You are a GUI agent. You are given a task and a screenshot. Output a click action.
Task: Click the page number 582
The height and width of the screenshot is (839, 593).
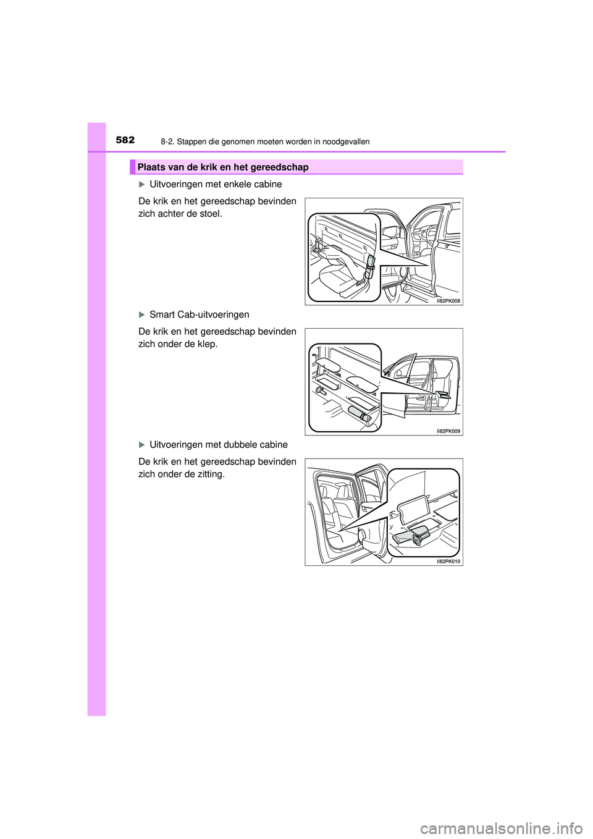point(125,140)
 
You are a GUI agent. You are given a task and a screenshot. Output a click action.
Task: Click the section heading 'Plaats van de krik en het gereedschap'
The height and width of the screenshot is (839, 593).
point(223,167)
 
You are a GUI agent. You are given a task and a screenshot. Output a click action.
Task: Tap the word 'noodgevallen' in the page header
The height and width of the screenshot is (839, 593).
point(346,142)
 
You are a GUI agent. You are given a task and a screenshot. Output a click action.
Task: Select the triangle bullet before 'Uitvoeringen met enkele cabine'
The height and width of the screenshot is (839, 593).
point(141,185)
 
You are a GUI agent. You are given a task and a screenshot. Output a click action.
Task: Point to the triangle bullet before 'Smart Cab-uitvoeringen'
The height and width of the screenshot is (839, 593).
point(141,315)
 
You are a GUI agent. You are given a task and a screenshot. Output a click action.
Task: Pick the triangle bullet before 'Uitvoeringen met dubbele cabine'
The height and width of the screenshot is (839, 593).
point(141,445)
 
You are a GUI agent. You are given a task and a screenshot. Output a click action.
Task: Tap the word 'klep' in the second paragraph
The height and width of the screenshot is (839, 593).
point(207,344)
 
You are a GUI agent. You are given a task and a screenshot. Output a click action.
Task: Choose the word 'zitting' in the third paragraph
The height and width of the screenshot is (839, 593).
point(209,474)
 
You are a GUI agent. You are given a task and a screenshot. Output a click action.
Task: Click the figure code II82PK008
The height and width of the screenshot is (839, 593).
point(448,301)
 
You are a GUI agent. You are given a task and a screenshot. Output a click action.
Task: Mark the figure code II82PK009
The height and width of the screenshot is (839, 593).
point(448,431)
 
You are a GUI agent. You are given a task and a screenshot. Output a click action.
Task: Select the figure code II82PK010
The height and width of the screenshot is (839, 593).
point(448,562)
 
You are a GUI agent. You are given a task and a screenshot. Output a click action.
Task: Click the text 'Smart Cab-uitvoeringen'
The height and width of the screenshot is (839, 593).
point(199,315)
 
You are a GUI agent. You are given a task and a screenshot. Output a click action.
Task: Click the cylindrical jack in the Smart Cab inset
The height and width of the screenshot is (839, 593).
point(359,414)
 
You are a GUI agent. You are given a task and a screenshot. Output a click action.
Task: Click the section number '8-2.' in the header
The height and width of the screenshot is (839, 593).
point(167,142)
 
